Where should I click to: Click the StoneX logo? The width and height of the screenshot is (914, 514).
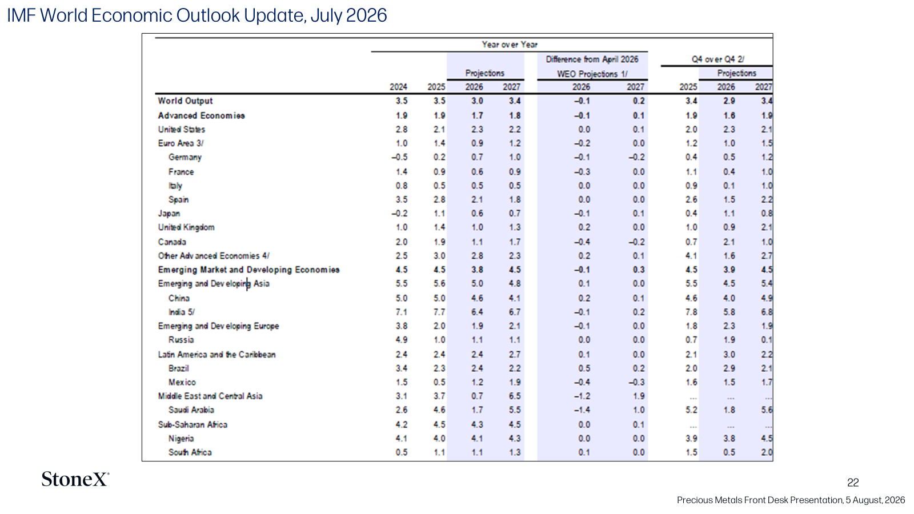(x=75, y=479)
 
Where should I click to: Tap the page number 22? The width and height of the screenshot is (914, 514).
(x=853, y=483)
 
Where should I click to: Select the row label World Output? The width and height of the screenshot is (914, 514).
(x=185, y=101)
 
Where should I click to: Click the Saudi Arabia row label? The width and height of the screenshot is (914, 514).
(x=191, y=410)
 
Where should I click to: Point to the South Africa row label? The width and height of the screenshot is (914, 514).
(x=190, y=452)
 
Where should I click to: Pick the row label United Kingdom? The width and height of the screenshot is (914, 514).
(x=186, y=227)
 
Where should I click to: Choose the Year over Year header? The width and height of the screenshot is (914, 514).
(x=509, y=45)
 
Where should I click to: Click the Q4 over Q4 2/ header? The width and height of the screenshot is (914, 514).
(x=717, y=59)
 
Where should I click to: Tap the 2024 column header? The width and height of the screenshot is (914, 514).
(x=398, y=87)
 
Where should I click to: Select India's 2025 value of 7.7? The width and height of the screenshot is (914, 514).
(x=439, y=312)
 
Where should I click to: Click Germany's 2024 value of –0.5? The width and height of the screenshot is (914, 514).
(x=399, y=157)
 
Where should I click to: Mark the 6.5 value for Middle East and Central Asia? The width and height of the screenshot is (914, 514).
(x=515, y=396)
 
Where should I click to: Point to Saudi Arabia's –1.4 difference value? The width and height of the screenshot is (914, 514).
(x=582, y=410)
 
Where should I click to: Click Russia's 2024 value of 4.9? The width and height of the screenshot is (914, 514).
(x=402, y=340)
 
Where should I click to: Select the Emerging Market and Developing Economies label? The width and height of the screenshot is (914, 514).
(x=248, y=270)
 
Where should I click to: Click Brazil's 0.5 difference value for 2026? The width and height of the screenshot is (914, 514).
(x=584, y=368)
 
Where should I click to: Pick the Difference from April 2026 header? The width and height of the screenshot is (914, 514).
(x=592, y=59)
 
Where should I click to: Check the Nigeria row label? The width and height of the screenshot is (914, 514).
(x=181, y=439)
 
